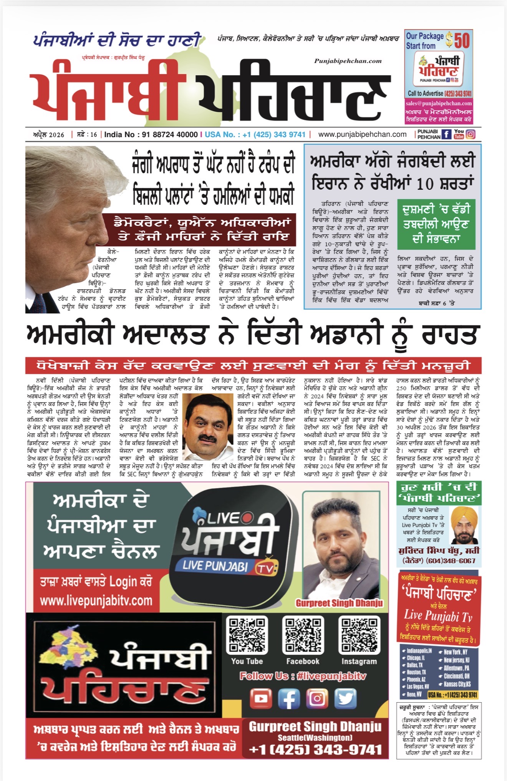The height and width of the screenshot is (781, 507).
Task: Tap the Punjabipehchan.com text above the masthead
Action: [x=348, y=61]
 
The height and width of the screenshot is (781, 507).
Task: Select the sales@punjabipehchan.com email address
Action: [x=438, y=103]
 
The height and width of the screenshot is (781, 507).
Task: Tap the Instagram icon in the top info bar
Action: [x=471, y=134]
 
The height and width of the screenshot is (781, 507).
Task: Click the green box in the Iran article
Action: [x=436, y=224]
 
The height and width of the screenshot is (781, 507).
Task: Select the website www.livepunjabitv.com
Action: [x=96, y=600]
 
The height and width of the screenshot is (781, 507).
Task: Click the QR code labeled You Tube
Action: [x=247, y=635]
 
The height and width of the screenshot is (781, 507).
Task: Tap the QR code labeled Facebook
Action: [x=303, y=635]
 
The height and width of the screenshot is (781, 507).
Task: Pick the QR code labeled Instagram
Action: [x=359, y=635]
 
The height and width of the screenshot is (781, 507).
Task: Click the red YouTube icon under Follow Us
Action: [x=260, y=698]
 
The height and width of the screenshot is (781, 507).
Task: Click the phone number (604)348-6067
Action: [x=451, y=560]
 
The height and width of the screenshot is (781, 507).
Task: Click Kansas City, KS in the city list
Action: [x=457, y=684]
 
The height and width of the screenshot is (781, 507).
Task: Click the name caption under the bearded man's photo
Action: [x=339, y=603]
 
